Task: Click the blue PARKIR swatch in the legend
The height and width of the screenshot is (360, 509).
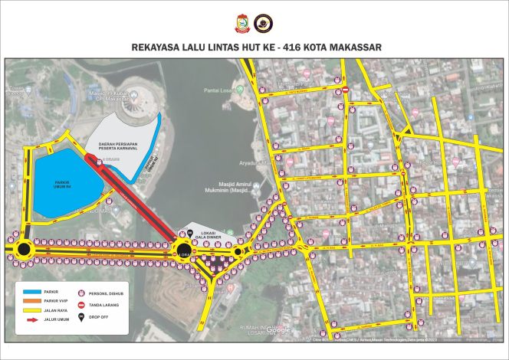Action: click(x=31, y=291)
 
